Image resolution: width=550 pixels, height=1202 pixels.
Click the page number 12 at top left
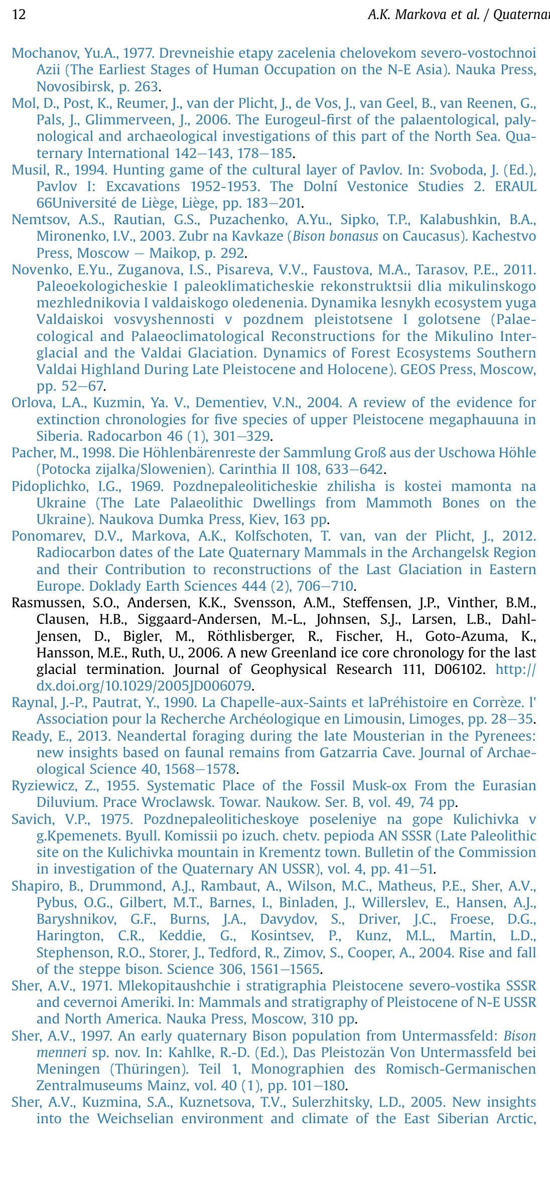pos(19,15)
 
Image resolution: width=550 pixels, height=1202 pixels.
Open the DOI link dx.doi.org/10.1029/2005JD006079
pos(144,685)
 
